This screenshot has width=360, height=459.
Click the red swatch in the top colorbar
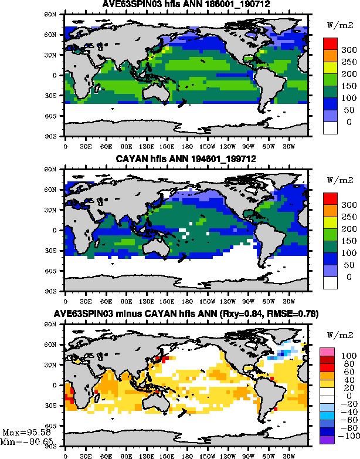(x=330, y=43)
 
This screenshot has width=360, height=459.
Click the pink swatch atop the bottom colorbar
(x=326, y=352)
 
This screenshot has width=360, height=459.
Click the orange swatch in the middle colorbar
(x=330, y=208)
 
